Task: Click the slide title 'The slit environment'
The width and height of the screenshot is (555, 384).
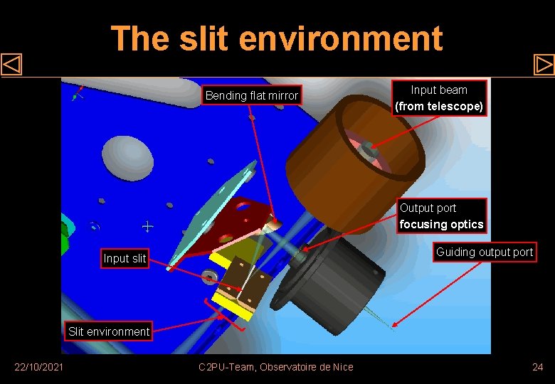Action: pyautogui.click(x=277, y=38)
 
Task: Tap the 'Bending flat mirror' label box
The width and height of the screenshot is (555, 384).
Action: pyautogui.click(x=252, y=95)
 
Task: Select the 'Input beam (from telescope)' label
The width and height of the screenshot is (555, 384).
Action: pyautogui.click(x=440, y=98)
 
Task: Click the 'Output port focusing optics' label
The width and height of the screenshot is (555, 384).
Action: pyautogui.click(x=441, y=216)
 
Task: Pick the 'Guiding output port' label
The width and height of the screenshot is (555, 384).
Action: pyautogui.click(x=484, y=252)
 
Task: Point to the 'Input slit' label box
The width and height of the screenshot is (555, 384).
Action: pyautogui.click(x=125, y=258)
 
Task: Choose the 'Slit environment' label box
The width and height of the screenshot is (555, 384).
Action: pyautogui.click(x=109, y=331)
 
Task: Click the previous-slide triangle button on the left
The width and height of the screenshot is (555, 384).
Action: pyautogui.click(x=11, y=65)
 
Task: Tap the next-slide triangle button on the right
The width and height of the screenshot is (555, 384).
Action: pyautogui.click(x=544, y=65)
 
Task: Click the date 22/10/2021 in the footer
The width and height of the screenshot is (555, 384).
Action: pyautogui.click(x=39, y=367)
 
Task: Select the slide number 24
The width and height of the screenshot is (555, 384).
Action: pyautogui.click(x=537, y=367)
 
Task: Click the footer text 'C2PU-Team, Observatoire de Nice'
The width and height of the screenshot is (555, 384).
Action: pyautogui.click(x=276, y=367)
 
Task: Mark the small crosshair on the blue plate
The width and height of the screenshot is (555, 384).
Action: pyautogui.click(x=147, y=227)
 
